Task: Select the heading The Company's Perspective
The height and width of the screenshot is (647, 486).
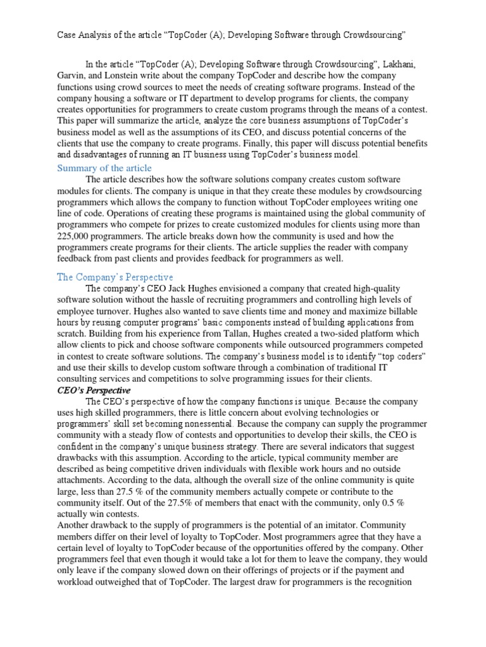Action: click(x=115, y=277)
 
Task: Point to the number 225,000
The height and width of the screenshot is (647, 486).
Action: click(x=74, y=236)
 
